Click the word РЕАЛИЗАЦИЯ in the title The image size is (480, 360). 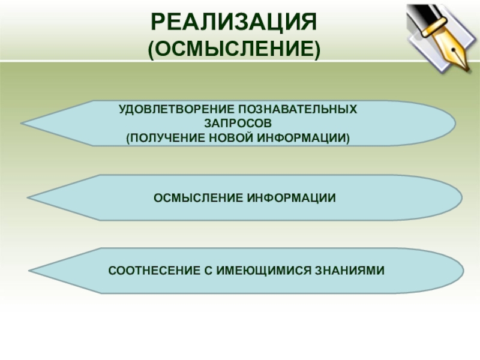pyautogui.click(x=233, y=23)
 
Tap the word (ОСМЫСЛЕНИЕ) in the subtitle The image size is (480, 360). pyautogui.click(x=234, y=49)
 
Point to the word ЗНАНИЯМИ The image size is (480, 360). pyautogui.click(x=349, y=271)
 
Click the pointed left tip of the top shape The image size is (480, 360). pyautogui.click(x=22, y=124)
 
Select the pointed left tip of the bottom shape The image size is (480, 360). pyautogui.click(x=31, y=271)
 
